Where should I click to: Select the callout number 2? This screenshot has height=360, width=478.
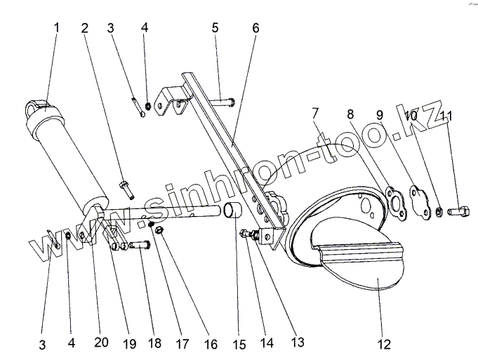coord(85,29)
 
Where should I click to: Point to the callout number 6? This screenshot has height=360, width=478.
coord(255,29)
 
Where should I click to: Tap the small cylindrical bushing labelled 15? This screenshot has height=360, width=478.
coord(233,211)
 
